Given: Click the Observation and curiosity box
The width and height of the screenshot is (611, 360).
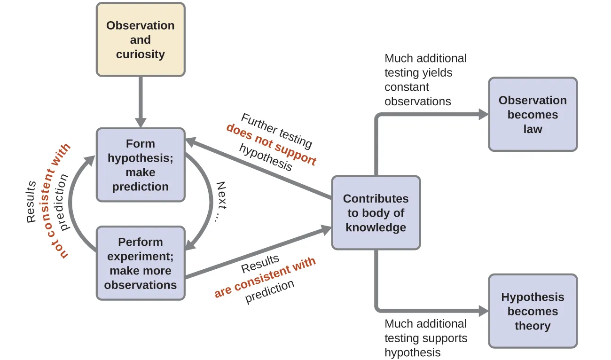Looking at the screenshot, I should [140, 39].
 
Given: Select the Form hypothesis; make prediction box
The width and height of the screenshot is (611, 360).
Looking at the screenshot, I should [140, 165].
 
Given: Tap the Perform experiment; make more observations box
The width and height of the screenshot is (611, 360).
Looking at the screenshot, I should [140, 263].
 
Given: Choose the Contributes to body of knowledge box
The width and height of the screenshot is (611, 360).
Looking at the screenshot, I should [376, 213].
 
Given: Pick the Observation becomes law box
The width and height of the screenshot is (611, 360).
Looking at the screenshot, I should [533, 115].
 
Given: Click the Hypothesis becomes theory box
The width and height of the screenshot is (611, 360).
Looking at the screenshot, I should [533, 311].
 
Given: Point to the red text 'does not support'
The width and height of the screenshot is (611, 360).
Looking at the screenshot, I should [271, 144].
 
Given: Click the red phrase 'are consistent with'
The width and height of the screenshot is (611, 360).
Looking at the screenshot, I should [265, 278].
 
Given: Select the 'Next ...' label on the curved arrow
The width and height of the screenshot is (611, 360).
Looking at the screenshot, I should [219, 202].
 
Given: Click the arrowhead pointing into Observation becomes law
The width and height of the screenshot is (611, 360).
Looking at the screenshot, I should [483, 114].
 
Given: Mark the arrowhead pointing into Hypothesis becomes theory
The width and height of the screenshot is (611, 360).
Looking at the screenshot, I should [483, 311].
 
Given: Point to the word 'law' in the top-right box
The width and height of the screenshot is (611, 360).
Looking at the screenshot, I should [533, 129].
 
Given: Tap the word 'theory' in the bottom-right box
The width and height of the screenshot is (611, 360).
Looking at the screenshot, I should [533, 326].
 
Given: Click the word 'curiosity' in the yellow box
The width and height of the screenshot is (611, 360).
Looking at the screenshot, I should [140, 54].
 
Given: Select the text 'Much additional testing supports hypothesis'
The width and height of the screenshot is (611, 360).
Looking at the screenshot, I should [426, 338].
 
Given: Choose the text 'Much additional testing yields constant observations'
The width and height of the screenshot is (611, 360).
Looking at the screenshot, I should [425, 80].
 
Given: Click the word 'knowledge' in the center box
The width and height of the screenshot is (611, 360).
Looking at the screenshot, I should [376, 227].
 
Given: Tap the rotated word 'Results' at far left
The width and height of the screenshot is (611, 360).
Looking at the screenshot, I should [31, 202].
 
